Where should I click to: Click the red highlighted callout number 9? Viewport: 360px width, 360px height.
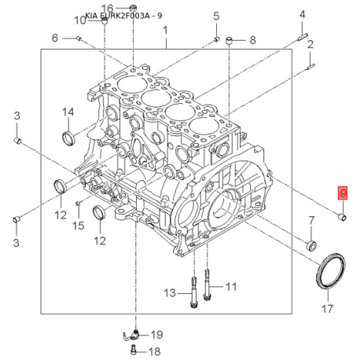tap(343, 193)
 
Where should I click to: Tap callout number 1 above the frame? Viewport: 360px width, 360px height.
tap(165, 31)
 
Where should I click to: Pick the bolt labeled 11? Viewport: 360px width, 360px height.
tap(207, 286)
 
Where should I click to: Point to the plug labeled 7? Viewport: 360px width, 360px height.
tap(311, 246)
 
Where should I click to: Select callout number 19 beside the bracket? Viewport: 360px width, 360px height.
tap(156, 335)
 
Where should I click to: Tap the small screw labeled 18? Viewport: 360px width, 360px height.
tap(134, 350)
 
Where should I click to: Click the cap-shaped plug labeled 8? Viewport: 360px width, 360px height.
tap(230, 41)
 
